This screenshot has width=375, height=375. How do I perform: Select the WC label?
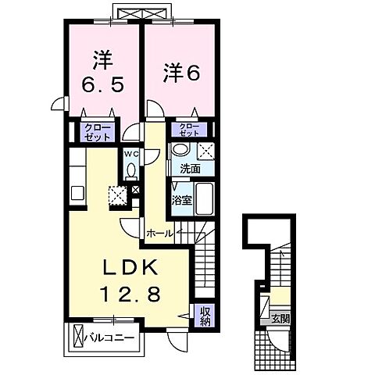tap(130, 155)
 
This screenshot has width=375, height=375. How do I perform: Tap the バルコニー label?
tap(113, 337)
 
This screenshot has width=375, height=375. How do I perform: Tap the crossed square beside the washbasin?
tap(205, 152)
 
